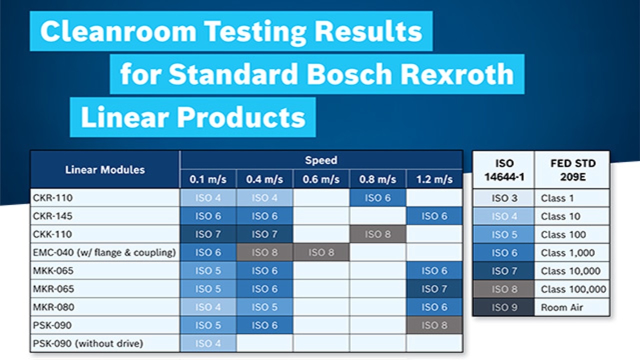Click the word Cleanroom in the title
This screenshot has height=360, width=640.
pyautogui.click(x=118, y=31)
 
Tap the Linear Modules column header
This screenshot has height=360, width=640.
pyautogui.click(x=104, y=169)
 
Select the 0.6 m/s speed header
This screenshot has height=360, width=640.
pyautogui.click(x=320, y=179)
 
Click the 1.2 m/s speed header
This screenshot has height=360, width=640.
pyautogui.click(x=433, y=179)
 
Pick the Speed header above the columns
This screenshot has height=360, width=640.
pyautogui.click(x=320, y=160)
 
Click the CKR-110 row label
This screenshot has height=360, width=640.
pyautogui.click(x=52, y=198)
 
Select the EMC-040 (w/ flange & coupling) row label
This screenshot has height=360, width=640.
pyautogui.click(x=104, y=252)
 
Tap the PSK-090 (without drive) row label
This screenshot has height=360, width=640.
pyautogui.click(x=88, y=343)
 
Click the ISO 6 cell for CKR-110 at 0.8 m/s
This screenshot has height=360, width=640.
pyautogui.click(x=377, y=198)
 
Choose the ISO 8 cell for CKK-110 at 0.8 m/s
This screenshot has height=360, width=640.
pyautogui.click(x=377, y=234)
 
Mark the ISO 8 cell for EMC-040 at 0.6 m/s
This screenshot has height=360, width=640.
pyautogui.click(x=320, y=252)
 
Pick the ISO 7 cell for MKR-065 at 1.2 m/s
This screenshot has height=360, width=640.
pyautogui.click(x=433, y=289)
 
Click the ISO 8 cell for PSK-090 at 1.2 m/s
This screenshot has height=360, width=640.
pyautogui.click(x=433, y=325)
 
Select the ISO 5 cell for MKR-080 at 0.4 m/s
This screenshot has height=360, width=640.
pyautogui.click(x=264, y=307)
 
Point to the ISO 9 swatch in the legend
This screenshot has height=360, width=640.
pyautogui.click(x=504, y=307)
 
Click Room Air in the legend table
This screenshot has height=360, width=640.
pyautogui.click(x=561, y=307)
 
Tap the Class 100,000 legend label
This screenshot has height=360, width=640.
pyautogui.click(x=573, y=289)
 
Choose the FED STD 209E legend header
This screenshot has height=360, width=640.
pyautogui.click(x=572, y=170)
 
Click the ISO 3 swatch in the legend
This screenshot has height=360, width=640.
pyautogui.click(x=504, y=198)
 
